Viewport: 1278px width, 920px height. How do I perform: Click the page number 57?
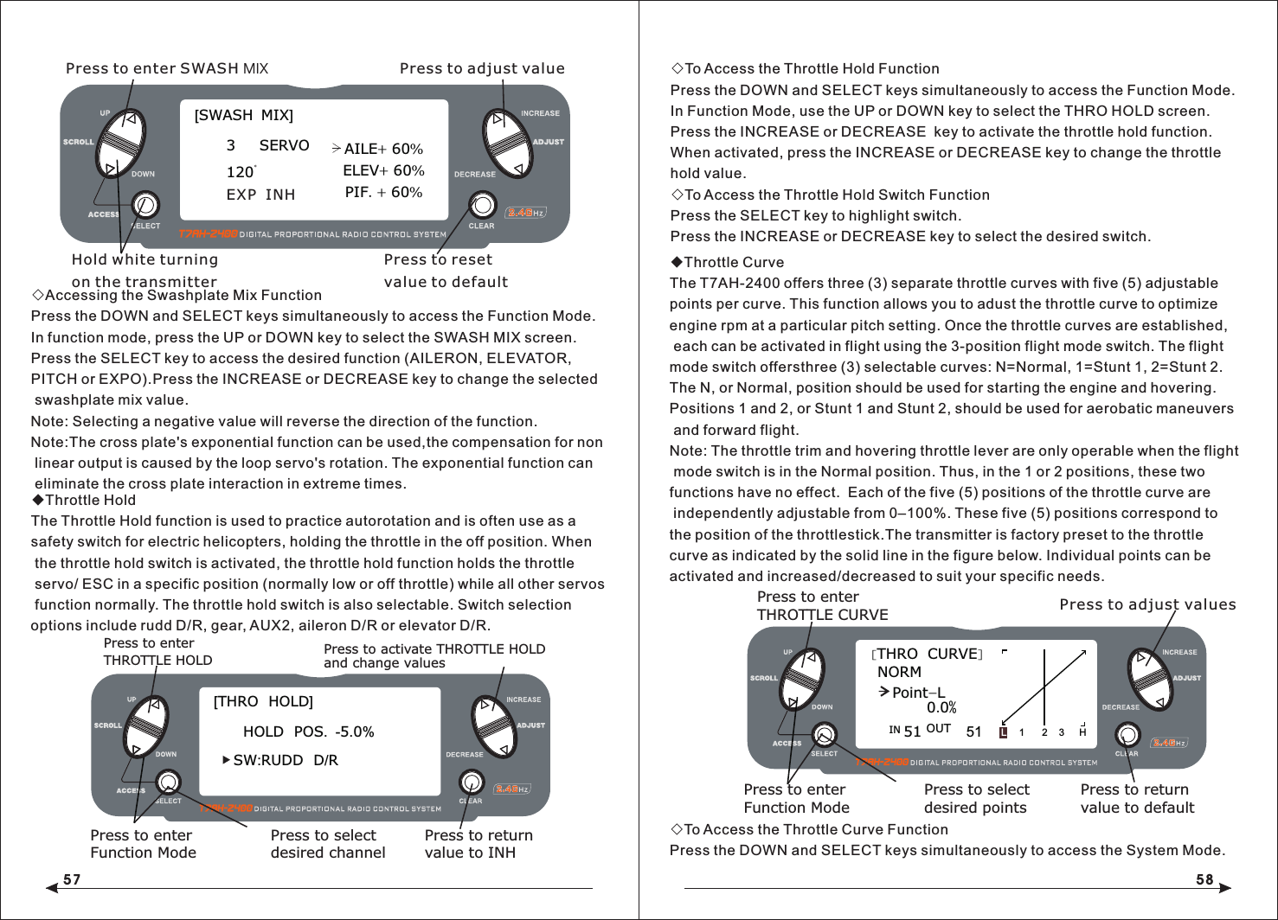tap(72, 879)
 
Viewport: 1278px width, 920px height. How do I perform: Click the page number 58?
tap(1204, 879)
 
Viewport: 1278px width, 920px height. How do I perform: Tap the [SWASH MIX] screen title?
tap(243, 116)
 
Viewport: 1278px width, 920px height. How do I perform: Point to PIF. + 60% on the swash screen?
tap(383, 192)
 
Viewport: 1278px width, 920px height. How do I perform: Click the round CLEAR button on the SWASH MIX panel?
tap(482, 205)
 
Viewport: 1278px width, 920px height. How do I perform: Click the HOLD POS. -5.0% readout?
tap(308, 732)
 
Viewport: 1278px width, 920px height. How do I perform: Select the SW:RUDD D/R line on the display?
tap(285, 760)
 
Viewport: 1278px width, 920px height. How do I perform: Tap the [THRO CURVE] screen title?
tap(927, 655)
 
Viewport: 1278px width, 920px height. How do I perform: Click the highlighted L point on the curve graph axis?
tap(1003, 732)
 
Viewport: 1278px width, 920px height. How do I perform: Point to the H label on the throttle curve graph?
tap(1082, 732)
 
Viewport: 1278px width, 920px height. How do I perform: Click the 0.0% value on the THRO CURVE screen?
tap(941, 707)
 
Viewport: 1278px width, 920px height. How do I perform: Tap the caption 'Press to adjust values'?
tap(1147, 604)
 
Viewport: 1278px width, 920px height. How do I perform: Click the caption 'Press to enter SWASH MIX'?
tap(167, 68)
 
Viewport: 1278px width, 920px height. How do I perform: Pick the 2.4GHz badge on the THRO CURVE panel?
tap(1168, 743)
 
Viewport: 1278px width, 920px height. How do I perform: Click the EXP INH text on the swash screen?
tap(260, 195)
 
